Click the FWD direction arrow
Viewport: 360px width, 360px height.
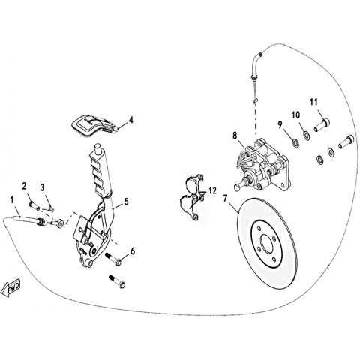(x=10, y=289)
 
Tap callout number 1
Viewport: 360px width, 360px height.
(x=11, y=200)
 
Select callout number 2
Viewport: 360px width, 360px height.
(x=24, y=186)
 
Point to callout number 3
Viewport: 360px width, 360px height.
(x=42, y=187)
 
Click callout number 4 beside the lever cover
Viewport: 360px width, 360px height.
(x=130, y=120)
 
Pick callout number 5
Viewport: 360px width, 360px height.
(x=126, y=202)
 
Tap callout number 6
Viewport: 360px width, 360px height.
(x=133, y=250)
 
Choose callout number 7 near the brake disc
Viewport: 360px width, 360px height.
(x=226, y=199)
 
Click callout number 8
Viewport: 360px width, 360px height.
(x=235, y=136)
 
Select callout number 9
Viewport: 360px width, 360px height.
(x=280, y=124)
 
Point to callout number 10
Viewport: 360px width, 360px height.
(x=296, y=115)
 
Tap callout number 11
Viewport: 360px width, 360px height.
(x=314, y=102)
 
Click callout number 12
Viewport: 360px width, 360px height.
(x=212, y=191)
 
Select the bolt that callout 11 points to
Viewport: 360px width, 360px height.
(x=322, y=125)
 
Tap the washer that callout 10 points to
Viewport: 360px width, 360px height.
(x=306, y=135)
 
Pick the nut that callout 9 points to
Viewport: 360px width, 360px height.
(x=295, y=143)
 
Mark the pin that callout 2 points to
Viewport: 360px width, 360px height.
(x=34, y=205)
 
